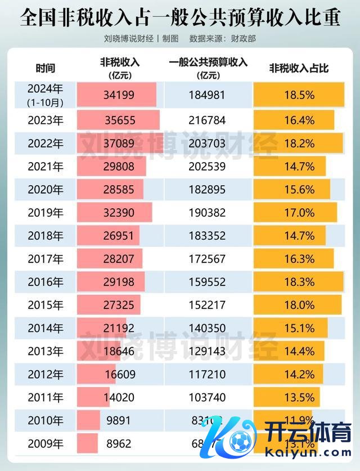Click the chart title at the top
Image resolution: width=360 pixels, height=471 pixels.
[x=180, y=17]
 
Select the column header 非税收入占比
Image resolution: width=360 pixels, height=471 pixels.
[x=299, y=69]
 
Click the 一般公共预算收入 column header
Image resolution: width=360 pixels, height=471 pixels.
[x=208, y=63]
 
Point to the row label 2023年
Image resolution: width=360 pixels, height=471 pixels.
[x=46, y=119]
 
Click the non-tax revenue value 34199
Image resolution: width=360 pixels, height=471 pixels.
[x=119, y=95]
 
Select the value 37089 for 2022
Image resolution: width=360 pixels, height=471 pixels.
[x=119, y=143]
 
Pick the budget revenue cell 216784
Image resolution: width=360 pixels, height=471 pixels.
[x=208, y=119]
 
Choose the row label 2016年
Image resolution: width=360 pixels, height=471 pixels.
[x=46, y=282]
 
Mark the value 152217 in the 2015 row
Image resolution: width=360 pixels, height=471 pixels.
[x=208, y=304]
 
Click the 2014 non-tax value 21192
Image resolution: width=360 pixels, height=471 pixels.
[x=119, y=328]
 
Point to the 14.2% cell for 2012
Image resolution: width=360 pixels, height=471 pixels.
[x=299, y=374]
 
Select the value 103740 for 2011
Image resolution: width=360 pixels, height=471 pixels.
[x=208, y=397]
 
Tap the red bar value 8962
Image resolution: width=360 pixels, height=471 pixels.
[x=119, y=443]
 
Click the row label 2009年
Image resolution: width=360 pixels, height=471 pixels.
[x=46, y=443]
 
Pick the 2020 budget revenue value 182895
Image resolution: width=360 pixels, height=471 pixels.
[x=208, y=189]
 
